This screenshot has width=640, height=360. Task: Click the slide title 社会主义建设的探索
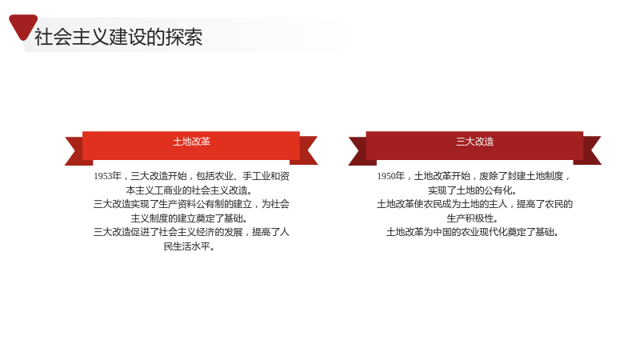118,37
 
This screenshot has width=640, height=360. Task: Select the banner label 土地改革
191,142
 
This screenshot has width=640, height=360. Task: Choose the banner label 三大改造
475,142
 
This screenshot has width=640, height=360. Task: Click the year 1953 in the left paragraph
102,176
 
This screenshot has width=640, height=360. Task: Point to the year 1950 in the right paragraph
386,176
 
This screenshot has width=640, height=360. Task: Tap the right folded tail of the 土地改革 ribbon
307,150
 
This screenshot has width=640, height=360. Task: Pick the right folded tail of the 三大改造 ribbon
590,150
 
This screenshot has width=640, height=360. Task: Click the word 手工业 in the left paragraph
256,176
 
